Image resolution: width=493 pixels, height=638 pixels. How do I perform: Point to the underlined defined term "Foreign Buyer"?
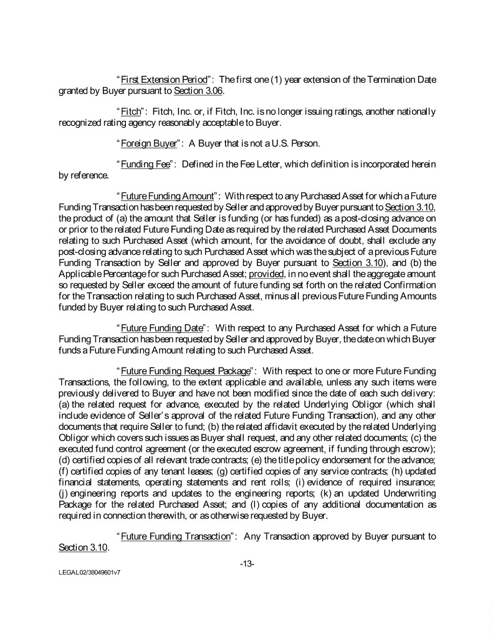tap(148, 143)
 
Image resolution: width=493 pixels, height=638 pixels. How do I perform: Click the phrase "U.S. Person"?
tap(294, 143)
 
